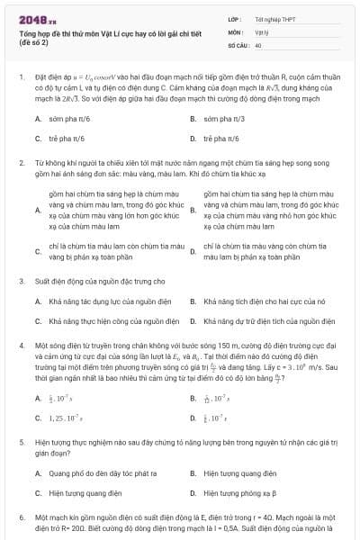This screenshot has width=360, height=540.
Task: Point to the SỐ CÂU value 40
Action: pyautogui.click(x=258, y=44)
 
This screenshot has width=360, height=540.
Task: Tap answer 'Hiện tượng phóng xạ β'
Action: pyautogui.click(x=244, y=468)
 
